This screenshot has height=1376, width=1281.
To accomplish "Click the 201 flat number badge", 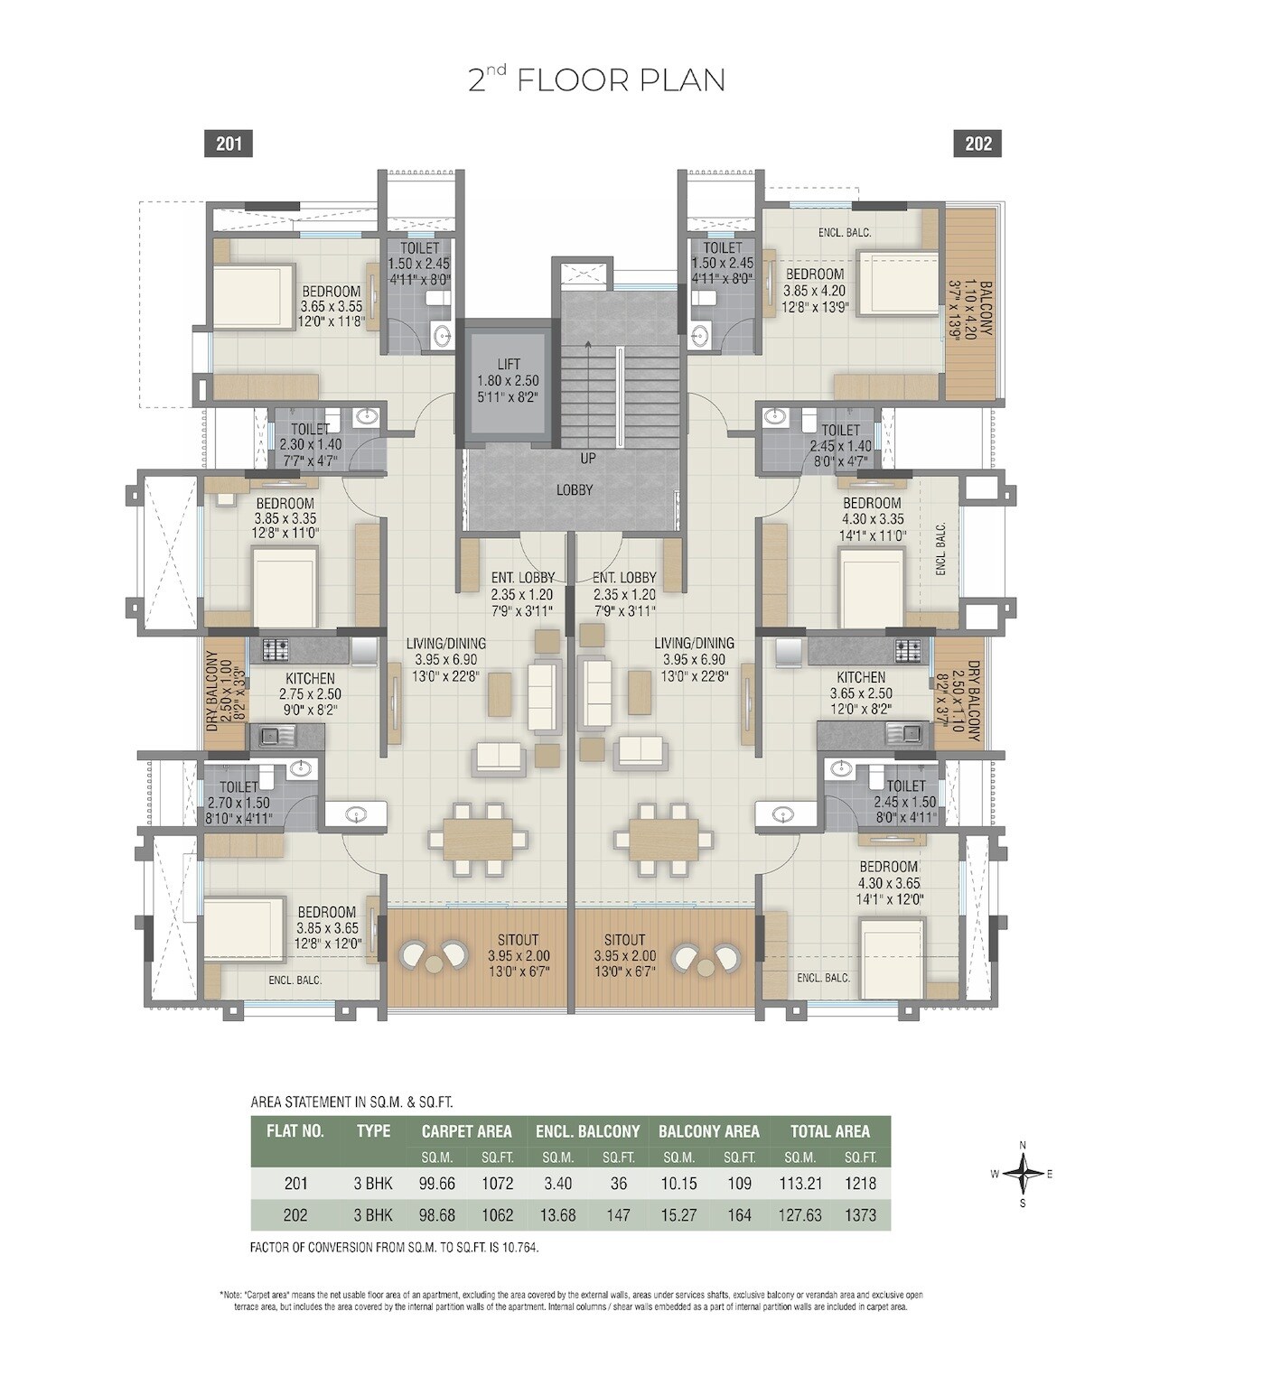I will coord(229,144).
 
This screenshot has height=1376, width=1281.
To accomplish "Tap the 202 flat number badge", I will coord(977,144).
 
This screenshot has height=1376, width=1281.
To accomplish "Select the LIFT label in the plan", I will coord(508,365).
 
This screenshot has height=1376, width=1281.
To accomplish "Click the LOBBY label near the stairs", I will coord(575,489).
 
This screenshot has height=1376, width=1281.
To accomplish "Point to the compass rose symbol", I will coord(1023,1175).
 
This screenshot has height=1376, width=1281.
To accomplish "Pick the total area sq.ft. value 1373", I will coord(860,1215).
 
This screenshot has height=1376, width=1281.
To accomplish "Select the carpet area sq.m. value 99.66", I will coord(436,1183).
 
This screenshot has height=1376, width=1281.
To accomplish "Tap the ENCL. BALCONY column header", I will coord(587,1131).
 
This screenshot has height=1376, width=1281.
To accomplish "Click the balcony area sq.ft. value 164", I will coord(739,1215).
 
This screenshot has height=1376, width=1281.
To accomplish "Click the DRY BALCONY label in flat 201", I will coord(212,692).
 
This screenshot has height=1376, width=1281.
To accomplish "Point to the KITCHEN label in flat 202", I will coord(860,677).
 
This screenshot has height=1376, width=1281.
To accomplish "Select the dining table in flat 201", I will coord(477,839).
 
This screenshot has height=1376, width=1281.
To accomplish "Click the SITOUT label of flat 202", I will coord(624,940).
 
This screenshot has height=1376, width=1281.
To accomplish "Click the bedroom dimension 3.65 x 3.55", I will coord(331,307).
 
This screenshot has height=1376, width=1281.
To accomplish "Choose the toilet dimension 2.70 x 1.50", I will coord(238,803).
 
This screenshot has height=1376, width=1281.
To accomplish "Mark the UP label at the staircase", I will coord(588,459).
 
